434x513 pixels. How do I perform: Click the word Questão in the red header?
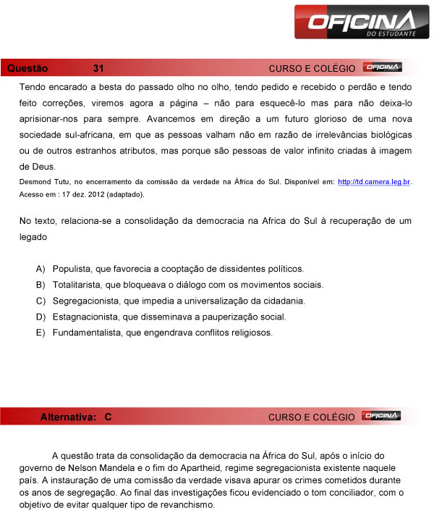coord(27,68)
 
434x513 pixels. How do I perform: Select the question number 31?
coord(98,68)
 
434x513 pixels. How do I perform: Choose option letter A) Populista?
coord(41,269)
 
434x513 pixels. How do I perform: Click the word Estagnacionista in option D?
coord(86,317)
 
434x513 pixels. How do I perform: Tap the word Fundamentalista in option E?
coord(86,333)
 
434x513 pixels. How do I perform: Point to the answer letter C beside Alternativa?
coord(108,417)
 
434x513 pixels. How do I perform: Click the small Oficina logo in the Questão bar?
coord(382,67)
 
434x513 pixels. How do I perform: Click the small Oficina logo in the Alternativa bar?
coord(382,417)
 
